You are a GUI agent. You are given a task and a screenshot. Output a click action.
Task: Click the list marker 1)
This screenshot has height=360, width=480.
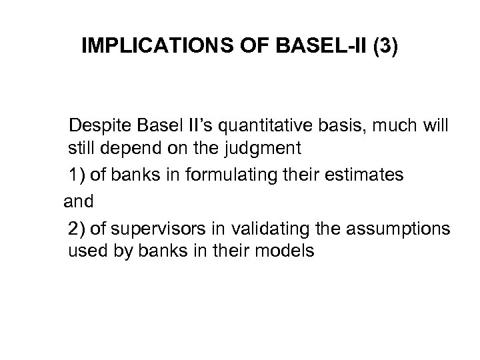point(77,175)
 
